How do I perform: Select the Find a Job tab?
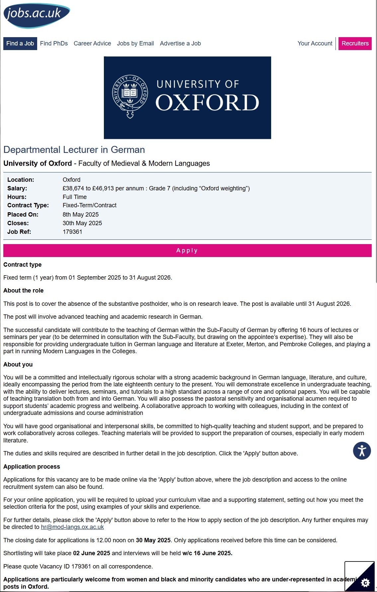[20, 43]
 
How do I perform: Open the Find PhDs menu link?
[54, 43]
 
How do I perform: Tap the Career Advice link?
[92, 43]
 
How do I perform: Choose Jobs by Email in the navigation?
[135, 43]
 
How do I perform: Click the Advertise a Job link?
[180, 43]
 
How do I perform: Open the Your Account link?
[315, 43]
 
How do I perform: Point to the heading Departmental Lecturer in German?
[74, 150]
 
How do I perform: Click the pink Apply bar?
[187, 250]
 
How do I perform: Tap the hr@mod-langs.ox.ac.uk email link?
[72, 527]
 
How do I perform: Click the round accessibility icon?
[362, 451]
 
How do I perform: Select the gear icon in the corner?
[365, 582]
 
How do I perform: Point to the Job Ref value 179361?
[72, 232]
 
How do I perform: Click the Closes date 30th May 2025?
[82, 223]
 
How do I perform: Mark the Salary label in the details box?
[17, 188]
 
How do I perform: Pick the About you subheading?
[18, 364]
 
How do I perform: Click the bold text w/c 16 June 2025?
[207, 553]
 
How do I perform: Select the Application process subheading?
[32, 467]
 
